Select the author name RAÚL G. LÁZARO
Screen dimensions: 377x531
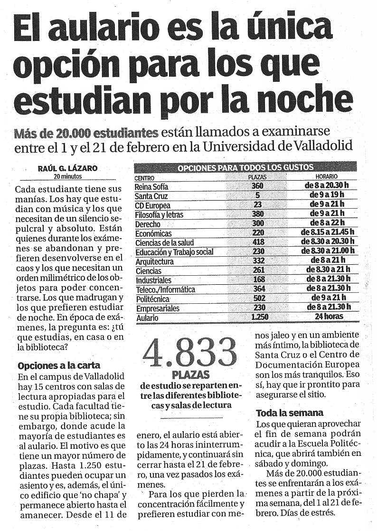(x=67, y=168)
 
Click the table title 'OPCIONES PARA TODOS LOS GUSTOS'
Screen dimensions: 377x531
(x=245, y=167)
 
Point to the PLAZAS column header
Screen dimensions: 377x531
(x=257, y=177)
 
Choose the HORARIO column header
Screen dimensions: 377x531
(x=327, y=176)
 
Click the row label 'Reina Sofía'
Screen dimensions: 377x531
(x=151, y=187)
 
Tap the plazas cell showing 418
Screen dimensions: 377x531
(x=258, y=242)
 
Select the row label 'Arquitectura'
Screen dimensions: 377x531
(x=154, y=261)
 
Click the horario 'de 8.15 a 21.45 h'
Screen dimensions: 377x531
(x=327, y=232)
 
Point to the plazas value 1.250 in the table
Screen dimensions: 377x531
(x=260, y=317)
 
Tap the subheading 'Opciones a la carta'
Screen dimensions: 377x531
(x=59, y=366)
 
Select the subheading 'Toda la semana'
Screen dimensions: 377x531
(x=290, y=413)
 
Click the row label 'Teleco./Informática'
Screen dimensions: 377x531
(x=165, y=290)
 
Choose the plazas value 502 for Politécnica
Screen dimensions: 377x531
(x=259, y=298)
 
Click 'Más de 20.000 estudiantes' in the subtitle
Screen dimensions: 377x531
(x=86, y=134)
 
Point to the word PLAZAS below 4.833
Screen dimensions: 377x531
(x=191, y=375)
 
